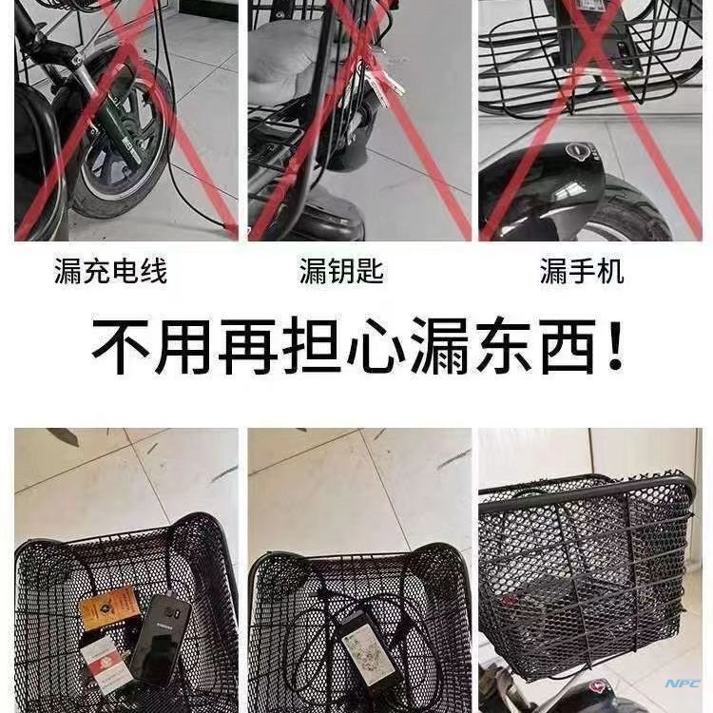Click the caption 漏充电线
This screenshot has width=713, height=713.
pyautogui.click(x=110, y=273)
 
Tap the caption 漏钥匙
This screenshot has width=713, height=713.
pyautogui.click(x=340, y=273)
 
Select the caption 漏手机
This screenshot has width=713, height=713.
pyautogui.click(x=582, y=273)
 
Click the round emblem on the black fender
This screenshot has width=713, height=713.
pyautogui.click(x=577, y=150)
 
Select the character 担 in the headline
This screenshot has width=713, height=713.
pyautogui.click(x=311, y=348)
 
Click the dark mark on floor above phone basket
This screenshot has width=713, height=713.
pyautogui.click(x=67, y=436)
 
